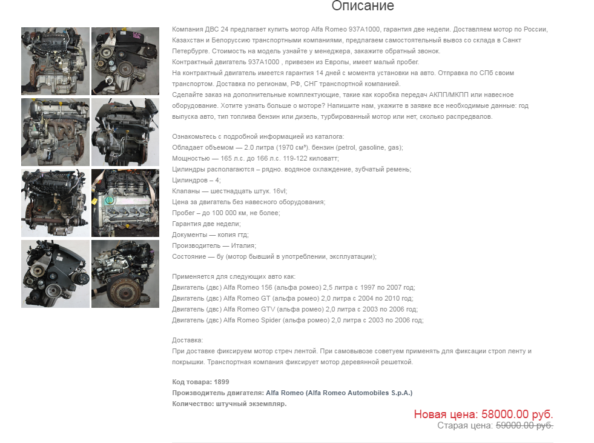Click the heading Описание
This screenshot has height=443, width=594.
click(x=363, y=7)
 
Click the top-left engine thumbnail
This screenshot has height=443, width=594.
click(x=55, y=61)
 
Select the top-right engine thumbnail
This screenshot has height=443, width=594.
click(x=125, y=61)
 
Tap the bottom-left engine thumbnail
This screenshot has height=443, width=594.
click(x=55, y=274)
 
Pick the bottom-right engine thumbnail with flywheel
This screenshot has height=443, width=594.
click(x=125, y=274)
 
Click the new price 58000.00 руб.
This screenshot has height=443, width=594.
click(x=483, y=415)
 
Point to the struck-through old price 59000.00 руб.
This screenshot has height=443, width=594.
click(x=524, y=425)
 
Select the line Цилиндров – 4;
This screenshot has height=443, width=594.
click(x=196, y=180)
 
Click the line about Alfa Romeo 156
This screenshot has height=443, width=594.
click(x=293, y=287)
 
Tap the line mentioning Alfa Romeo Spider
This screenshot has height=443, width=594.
click(x=297, y=320)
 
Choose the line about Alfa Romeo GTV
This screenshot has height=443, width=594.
click(x=293, y=309)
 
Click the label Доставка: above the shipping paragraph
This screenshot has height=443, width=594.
click(x=188, y=341)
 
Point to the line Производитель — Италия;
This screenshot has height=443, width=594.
click(x=214, y=245)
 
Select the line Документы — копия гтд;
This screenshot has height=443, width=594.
click(x=210, y=235)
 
